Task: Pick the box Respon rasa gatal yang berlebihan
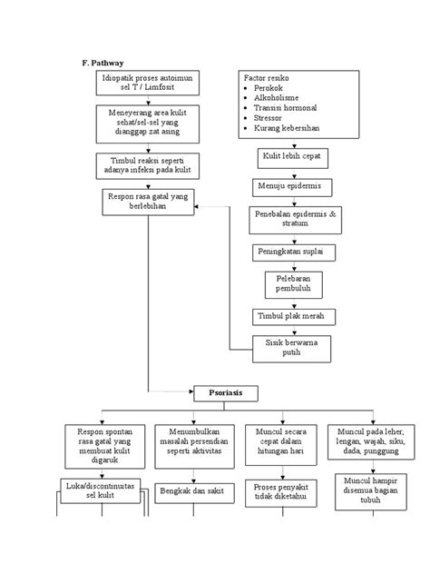click(x=148, y=201)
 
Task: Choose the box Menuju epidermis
click(x=292, y=186)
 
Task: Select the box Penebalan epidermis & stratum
click(x=293, y=219)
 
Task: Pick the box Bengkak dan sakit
click(x=191, y=490)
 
